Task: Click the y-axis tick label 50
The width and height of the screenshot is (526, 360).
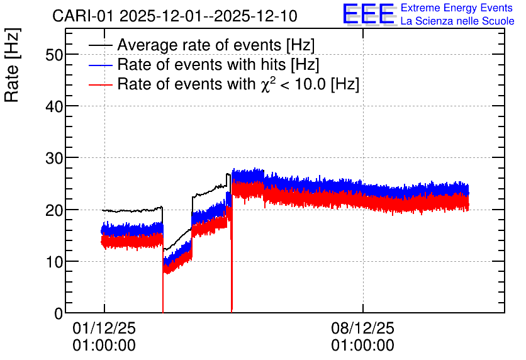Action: pos(54,55)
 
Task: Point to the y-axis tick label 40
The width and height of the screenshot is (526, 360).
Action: pos(54,106)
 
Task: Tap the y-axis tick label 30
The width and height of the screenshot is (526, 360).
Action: pos(54,158)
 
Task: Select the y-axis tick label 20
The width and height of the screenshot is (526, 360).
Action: pos(54,210)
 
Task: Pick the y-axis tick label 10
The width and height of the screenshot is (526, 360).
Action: pos(54,262)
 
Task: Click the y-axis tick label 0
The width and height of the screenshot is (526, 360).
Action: pos(59,313)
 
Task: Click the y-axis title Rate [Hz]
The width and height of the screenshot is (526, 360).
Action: pos(12,65)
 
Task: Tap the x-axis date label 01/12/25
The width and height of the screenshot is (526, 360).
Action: pos(104,328)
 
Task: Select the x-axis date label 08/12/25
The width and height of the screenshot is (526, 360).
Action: pos(363,328)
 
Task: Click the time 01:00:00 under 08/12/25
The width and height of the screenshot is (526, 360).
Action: pos(363,346)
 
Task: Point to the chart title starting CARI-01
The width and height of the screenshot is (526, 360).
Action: pos(175,16)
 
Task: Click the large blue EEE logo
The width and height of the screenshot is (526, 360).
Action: pos(368,14)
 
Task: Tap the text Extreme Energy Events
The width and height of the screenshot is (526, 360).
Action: pos(457,8)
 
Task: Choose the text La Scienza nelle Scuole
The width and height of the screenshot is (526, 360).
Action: pos(457,21)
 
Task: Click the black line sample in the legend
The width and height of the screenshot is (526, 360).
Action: pos(100,45)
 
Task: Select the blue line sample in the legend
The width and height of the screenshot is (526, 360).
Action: pos(100,65)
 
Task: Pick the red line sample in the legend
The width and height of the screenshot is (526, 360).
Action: pos(100,84)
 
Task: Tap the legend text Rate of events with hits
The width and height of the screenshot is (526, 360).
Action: pos(201,64)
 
